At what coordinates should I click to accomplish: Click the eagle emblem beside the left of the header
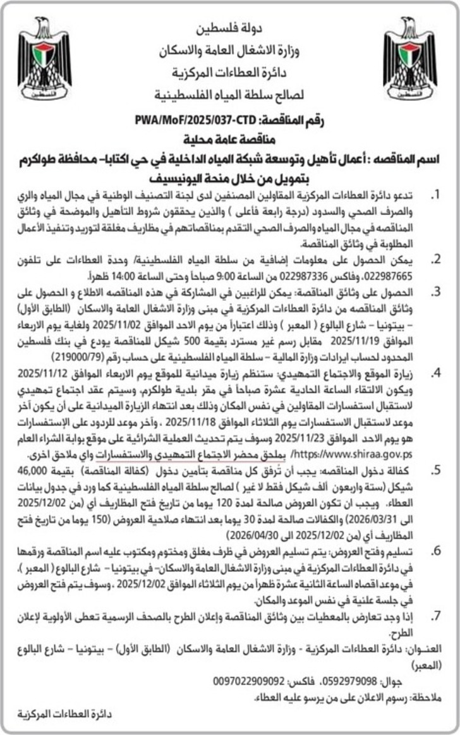click(44, 60)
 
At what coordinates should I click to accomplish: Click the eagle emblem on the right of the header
click(409, 60)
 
